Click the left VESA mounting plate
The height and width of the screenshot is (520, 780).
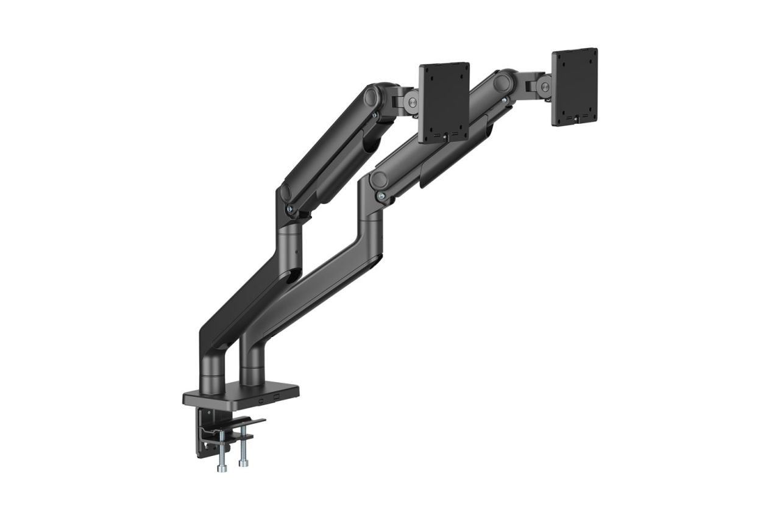444,102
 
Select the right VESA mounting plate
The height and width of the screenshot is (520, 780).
574,87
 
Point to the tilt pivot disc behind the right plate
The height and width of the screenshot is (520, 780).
542,85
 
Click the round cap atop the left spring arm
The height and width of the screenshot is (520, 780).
372,97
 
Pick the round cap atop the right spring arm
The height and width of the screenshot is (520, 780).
503,82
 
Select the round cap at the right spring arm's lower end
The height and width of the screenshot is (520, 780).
379,180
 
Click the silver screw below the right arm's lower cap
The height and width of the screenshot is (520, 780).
381,196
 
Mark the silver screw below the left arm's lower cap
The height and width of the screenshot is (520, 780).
290,209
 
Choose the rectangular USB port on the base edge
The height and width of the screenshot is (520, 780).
277,397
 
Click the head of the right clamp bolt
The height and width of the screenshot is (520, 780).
244,463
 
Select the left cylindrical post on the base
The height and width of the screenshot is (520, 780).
213,371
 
